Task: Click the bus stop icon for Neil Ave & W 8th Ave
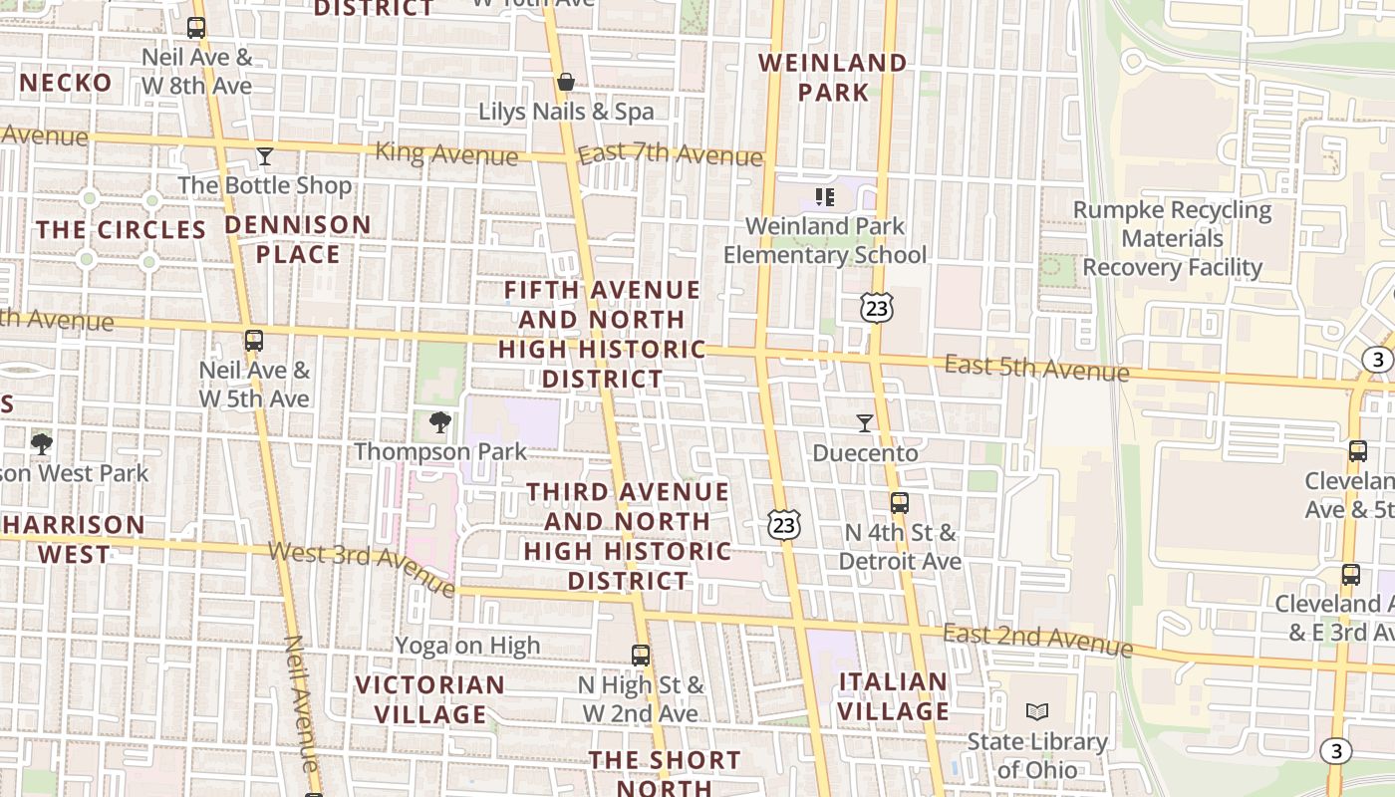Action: [196, 28]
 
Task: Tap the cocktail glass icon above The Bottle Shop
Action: [265, 156]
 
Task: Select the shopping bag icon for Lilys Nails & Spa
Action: [566, 82]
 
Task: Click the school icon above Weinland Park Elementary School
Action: [824, 197]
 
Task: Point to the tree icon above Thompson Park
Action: [440, 422]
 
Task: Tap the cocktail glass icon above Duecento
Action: [864, 423]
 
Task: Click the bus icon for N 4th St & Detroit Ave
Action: [900, 503]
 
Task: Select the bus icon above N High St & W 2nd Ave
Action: [641, 656]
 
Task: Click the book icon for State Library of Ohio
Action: [1037, 712]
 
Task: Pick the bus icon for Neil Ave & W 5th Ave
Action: [254, 341]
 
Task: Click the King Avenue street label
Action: [446, 154]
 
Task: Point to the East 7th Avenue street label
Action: [670, 154]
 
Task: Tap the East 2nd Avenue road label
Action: [1037, 641]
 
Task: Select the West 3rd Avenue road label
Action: [361, 568]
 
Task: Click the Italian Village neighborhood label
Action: [894, 696]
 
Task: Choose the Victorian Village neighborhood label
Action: [430, 699]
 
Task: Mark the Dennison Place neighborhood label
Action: [297, 239]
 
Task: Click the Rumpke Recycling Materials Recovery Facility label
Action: [1172, 239]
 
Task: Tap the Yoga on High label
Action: [467, 646]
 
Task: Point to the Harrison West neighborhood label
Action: [74, 539]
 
